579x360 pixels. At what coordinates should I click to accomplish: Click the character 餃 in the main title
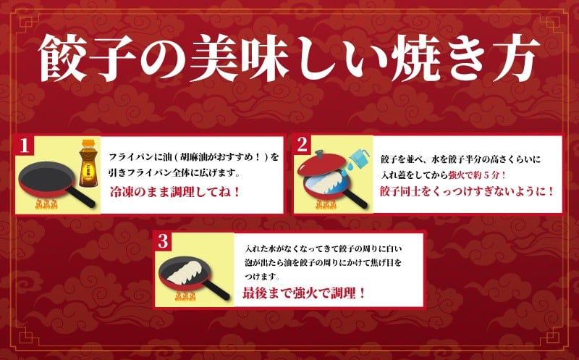tap(62, 59)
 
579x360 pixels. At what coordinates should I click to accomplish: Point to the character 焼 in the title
tap(415, 58)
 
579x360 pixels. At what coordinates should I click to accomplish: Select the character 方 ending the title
tap(515, 58)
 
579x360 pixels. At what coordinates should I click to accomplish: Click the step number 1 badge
tap(25, 146)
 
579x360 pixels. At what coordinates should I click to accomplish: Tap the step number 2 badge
tap(302, 145)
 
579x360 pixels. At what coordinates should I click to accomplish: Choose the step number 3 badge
tap(162, 241)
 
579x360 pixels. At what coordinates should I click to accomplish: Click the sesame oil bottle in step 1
tap(88, 163)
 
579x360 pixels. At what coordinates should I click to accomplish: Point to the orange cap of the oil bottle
tap(88, 144)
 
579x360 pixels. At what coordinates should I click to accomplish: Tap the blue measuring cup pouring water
tap(358, 159)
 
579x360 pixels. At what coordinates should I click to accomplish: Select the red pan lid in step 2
tap(321, 163)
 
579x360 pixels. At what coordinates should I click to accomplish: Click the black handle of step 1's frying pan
tap(80, 196)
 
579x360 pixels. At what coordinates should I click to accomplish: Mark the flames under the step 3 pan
tap(185, 296)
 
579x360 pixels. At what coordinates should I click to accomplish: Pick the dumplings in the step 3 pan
tap(184, 273)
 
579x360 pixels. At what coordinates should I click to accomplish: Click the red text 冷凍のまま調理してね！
tap(175, 192)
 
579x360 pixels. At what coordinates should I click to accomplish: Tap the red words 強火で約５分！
tap(477, 175)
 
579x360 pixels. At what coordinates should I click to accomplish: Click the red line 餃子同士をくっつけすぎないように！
tap(467, 191)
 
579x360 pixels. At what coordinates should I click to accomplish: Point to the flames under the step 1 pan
tap(46, 204)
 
